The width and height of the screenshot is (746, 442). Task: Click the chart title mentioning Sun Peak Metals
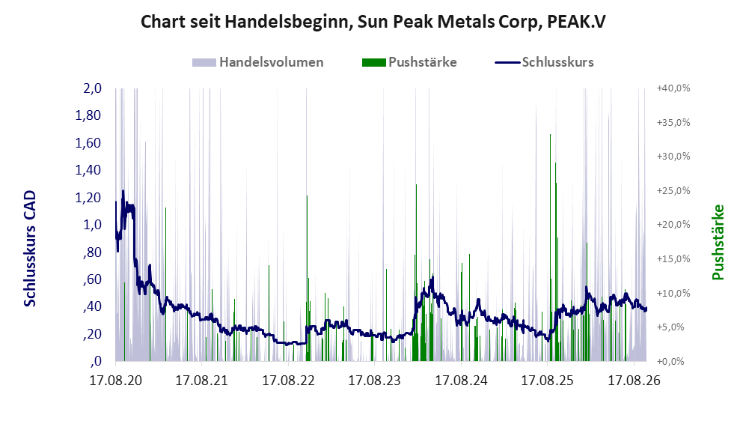(373, 22)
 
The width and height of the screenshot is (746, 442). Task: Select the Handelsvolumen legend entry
(258, 62)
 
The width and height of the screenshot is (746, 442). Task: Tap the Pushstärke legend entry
(409, 62)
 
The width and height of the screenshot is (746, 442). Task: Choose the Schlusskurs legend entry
(544, 62)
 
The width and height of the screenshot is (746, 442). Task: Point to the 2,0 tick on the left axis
(92, 88)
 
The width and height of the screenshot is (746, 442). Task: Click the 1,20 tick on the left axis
(88, 197)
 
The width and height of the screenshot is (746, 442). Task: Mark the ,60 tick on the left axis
(92, 279)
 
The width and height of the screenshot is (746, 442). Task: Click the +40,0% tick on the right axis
(673, 88)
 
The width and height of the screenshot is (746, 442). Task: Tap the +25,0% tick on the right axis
(673, 190)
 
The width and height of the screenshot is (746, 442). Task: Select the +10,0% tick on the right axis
(673, 293)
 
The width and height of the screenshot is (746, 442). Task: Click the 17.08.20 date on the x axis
(116, 381)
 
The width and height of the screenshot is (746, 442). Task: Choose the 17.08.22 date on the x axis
(288, 381)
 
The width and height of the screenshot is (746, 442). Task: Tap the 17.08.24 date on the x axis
(461, 381)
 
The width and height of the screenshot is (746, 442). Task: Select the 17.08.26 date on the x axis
(635, 381)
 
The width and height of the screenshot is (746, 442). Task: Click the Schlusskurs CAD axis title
(30, 248)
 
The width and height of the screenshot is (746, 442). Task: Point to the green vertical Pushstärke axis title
(718, 242)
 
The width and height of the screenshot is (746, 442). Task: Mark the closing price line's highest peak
(123, 191)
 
